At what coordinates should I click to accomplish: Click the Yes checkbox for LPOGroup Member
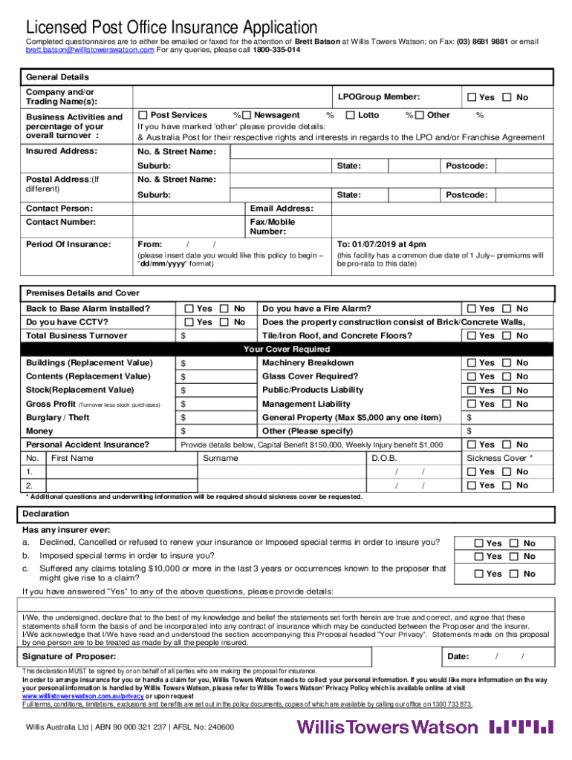point(472,97)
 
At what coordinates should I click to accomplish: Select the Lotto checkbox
point(352,115)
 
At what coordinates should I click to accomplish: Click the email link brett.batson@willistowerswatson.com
point(90,50)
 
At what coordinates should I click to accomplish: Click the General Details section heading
point(57,77)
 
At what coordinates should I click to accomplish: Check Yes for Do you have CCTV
point(189,322)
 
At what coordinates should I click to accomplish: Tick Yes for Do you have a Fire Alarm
point(472,309)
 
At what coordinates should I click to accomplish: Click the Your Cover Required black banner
point(287,349)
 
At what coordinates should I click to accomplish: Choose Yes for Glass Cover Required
point(472,376)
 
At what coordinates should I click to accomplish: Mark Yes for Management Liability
point(472,404)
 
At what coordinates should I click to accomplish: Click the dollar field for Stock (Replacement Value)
point(215,390)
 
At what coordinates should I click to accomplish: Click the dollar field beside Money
point(215,431)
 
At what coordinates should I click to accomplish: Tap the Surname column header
point(221,458)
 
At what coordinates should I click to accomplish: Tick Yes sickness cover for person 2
point(472,485)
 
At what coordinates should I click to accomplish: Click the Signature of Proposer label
point(69,657)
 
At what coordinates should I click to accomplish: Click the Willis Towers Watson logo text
point(387,726)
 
